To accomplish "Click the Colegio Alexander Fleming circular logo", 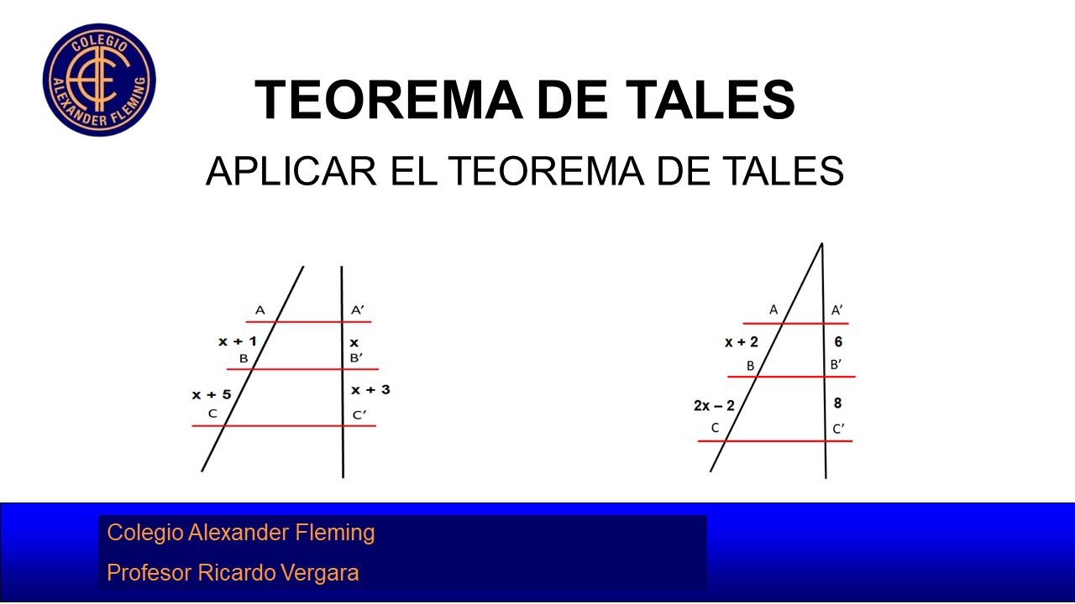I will tap(99, 80).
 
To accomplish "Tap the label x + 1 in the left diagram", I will tap(237, 341).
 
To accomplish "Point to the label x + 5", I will tap(211, 394).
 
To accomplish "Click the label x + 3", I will tap(370, 389).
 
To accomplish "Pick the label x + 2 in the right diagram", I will tap(741, 341).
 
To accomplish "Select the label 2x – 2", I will tap(714, 405).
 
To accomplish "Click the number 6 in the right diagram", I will tap(837, 341).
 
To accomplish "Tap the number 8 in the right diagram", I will tap(837, 404).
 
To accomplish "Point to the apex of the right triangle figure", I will tap(821, 244).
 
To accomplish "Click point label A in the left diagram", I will tap(260, 310).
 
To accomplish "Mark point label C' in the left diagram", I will tap(359, 414).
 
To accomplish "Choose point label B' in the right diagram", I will tap(836, 365).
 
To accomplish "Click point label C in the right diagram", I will tap(715, 428).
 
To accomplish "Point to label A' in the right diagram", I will tap(837, 310).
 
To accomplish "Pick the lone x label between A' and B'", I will tap(354, 342).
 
